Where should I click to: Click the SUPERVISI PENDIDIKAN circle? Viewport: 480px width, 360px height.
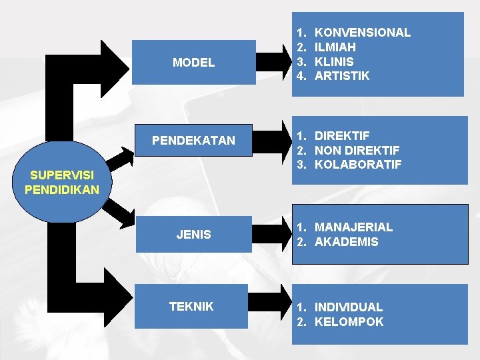click(62, 181)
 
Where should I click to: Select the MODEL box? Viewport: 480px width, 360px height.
click(193, 63)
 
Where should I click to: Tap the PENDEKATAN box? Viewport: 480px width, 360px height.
click(193, 141)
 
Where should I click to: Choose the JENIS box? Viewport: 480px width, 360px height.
click(193, 235)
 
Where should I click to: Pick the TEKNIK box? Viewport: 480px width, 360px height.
click(191, 307)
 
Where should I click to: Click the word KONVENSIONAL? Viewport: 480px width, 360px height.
click(362, 32)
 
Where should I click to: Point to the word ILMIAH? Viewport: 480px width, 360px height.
click(335, 47)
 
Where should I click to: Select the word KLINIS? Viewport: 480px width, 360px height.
click(334, 61)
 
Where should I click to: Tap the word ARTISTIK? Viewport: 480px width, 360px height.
click(341, 76)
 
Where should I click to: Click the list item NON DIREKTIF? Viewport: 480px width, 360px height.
click(357, 150)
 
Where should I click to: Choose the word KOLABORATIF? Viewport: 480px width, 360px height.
click(358, 165)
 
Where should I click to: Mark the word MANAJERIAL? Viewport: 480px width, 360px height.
click(353, 227)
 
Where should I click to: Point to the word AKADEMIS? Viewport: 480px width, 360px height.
click(346, 242)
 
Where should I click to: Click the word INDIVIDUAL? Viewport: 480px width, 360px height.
click(348, 307)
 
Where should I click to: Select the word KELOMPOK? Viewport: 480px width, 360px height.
click(349, 322)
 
